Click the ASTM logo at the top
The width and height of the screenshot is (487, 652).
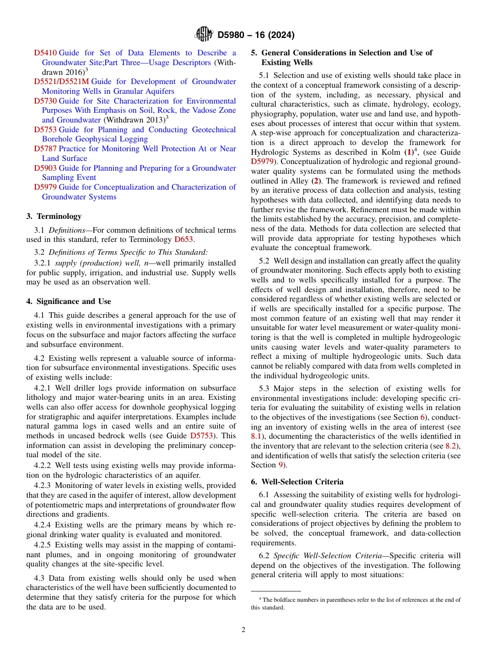click(204, 34)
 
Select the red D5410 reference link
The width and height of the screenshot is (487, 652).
click(45, 53)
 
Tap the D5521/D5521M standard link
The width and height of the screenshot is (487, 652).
click(61, 81)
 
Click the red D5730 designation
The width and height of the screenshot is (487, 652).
click(45, 101)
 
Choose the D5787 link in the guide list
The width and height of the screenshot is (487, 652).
click(45, 149)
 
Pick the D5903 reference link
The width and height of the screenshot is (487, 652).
click(45, 168)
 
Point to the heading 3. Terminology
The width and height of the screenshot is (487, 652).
click(54, 216)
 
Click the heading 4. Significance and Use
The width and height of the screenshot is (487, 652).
click(68, 301)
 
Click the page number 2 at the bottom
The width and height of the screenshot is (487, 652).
click(243, 630)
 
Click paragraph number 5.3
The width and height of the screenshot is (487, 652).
click(265, 389)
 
